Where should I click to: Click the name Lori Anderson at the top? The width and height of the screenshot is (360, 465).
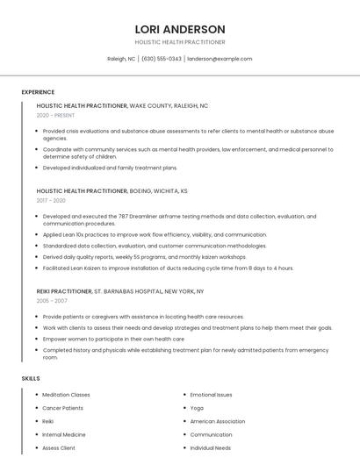tap(179, 29)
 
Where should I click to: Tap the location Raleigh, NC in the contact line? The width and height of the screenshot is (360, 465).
tap(121, 59)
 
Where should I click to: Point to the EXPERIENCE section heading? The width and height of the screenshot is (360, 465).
tap(38, 92)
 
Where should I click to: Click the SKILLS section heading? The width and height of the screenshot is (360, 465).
tap(31, 378)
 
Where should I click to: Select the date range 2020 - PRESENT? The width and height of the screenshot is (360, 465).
tap(55, 115)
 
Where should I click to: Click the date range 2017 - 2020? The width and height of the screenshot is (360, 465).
tap(51, 200)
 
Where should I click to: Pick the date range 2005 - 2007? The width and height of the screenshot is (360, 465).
tap(51, 301)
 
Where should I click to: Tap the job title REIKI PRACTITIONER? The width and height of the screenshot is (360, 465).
tap(64, 291)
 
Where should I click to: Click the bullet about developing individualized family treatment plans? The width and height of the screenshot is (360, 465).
tap(110, 168)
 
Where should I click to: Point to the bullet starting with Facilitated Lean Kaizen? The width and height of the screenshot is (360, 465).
tap(168, 268)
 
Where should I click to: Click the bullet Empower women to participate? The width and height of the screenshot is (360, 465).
tap(113, 339)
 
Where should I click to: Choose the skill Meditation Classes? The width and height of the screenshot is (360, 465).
tap(66, 395)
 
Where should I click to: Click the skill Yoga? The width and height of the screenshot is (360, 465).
tap(197, 408)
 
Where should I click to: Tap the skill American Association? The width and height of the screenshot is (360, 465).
tap(218, 421)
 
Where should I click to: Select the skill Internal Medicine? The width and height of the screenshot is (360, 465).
tap(64, 434)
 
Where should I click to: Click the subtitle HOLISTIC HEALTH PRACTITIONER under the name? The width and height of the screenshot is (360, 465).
tap(179, 42)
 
